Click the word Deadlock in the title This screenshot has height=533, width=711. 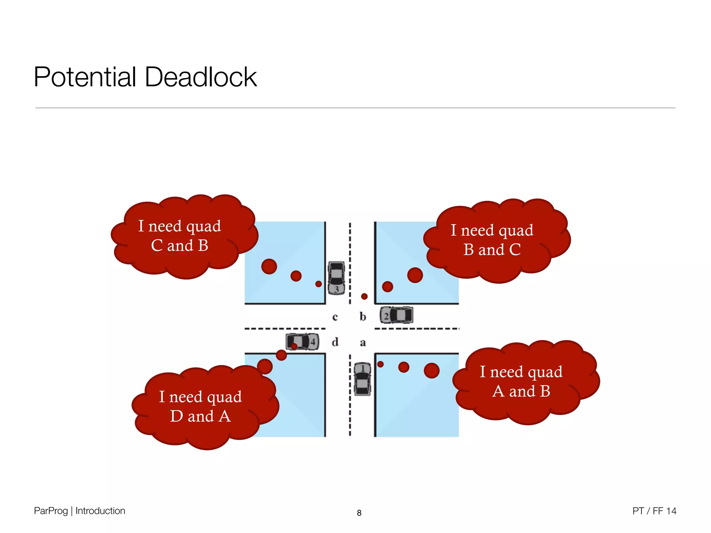coord(201,77)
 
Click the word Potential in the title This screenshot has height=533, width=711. coord(85,77)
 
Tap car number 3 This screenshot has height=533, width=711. coord(336,278)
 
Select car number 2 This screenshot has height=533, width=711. coord(396,315)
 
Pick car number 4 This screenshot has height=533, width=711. coord(302,342)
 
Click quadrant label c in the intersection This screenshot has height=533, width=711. coord(335,317)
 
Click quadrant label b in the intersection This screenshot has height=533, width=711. coord(363,316)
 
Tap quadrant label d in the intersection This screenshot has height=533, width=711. coord(335,342)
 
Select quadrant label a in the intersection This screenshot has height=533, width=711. coord(363,343)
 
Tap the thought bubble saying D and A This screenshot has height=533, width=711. coord(201,407)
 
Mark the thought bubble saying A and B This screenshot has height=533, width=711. coord(521,382)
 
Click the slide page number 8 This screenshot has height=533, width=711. coord(359,513)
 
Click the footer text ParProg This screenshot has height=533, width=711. coord(51,511)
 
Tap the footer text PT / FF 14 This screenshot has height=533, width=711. coord(654,511)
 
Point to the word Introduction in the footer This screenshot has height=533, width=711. coord(100,511)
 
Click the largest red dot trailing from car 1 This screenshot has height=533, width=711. coord(432,371)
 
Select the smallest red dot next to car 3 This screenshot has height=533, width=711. coord(318,284)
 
